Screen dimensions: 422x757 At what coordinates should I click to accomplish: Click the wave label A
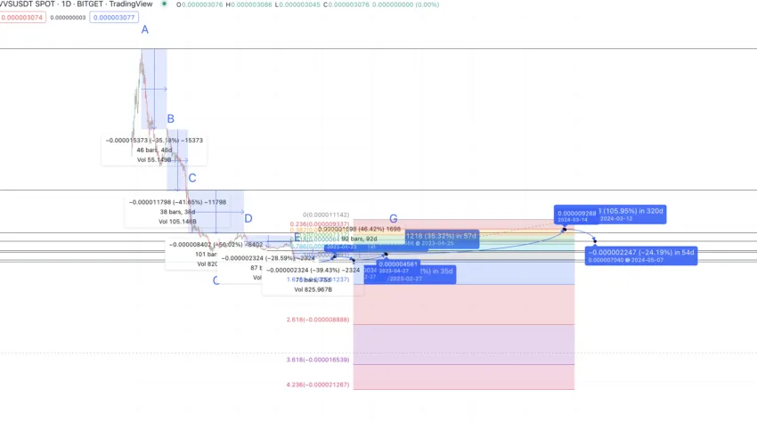tap(144, 30)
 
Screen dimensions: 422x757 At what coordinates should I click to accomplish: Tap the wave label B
tap(170, 119)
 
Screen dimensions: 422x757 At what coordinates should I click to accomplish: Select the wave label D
tap(248, 219)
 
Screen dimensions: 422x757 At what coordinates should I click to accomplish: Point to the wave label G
tap(393, 219)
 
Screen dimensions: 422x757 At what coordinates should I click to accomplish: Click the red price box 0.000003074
tap(21, 17)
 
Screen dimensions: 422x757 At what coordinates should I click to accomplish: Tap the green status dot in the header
tap(164, 4)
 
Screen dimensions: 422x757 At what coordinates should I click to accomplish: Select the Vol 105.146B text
tap(178, 222)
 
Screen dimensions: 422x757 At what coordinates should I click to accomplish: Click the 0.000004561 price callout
tap(398, 264)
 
